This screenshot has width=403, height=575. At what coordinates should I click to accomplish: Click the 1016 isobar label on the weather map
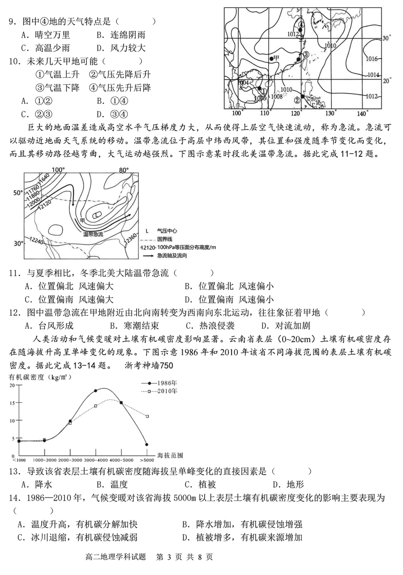pos(372,59)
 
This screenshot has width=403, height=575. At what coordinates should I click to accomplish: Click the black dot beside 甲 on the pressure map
pos(271,58)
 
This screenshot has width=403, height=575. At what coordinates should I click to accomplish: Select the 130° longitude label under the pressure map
pos(330,113)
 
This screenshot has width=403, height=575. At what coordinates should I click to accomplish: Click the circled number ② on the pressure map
pos(297,100)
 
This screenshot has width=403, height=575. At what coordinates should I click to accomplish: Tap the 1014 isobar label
pos(373,75)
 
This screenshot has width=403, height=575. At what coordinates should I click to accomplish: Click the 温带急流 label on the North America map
pos(93,234)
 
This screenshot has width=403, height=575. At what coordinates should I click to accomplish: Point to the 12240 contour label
pos(38,240)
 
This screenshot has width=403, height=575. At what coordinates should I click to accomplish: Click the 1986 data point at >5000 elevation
pos(146,445)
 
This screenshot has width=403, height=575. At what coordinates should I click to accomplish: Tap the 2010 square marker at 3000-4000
pos(95,406)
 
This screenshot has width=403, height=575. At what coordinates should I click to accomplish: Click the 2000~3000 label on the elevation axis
pos(70,460)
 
